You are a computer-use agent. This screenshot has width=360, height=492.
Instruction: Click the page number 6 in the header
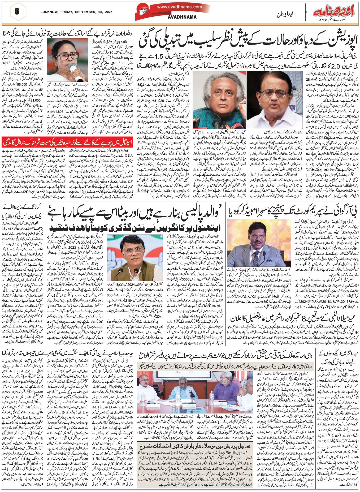[x=17, y=12]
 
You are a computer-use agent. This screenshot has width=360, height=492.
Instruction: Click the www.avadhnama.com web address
[x=179, y=7]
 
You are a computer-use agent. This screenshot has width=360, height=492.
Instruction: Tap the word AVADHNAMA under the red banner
[x=182, y=17]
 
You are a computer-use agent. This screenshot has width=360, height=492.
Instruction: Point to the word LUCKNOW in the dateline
[x=49, y=12]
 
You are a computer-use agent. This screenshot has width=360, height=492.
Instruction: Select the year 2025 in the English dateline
[x=109, y=12]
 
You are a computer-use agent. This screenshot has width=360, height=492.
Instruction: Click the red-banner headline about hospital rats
[x=69, y=142]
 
